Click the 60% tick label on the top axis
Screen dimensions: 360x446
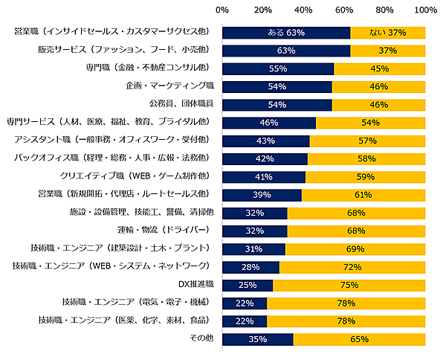tap(344, 10)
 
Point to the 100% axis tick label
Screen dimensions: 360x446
tap(425, 10)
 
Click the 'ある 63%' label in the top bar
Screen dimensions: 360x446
tap(286, 33)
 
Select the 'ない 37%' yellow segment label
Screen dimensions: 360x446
tap(387, 33)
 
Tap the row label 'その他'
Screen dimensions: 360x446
tap(201, 338)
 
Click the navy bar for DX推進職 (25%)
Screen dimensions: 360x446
tap(248, 285)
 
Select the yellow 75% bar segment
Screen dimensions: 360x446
tap(349, 285)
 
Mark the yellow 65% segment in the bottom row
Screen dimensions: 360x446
tap(360, 338)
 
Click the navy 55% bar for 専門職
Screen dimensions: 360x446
tap(278, 68)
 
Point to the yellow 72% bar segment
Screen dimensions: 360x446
tap(352, 266)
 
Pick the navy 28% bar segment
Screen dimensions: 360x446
tap(251, 266)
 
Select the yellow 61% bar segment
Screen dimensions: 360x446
tap(363, 194)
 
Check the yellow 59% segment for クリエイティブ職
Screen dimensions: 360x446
tap(366, 176)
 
